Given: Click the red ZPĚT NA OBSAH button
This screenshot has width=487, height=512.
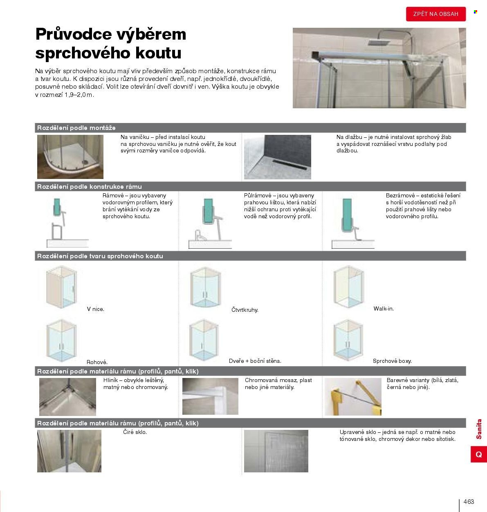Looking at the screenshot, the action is pyautogui.click(x=435, y=14).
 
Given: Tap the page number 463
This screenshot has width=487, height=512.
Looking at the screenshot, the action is pyautogui.click(x=469, y=502).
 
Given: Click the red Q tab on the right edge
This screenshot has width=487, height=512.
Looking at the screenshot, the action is pyautogui.click(x=479, y=454).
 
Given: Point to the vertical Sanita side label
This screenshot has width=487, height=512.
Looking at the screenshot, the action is pyautogui.click(x=479, y=429).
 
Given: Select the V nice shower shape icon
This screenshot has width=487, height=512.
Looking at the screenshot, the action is pyautogui.click(x=61, y=287).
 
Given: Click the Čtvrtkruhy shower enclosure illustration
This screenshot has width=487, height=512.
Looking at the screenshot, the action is pyautogui.click(x=205, y=287).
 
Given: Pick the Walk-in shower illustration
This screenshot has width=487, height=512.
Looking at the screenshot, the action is pyautogui.click(x=348, y=286).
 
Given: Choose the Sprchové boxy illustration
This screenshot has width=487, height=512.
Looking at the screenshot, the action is pyautogui.click(x=348, y=340).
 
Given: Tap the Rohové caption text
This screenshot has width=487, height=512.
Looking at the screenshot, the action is pyautogui.click(x=97, y=362).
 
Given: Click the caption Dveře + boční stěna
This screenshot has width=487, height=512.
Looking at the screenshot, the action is pyautogui.click(x=255, y=361).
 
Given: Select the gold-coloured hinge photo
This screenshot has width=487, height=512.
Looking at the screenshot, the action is pyautogui.click(x=353, y=397).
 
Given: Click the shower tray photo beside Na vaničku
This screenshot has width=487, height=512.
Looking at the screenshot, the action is pyautogui.click(x=70, y=157).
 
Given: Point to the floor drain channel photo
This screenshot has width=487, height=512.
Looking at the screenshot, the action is pyautogui.click(x=277, y=157).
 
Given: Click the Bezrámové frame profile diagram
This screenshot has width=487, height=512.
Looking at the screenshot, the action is pyautogui.click(x=353, y=224).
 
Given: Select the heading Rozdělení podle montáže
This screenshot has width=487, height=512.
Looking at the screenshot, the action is pyautogui.click(x=76, y=128).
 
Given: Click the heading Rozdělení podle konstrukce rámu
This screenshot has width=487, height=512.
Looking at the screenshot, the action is pyautogui.click(x=90, y=187).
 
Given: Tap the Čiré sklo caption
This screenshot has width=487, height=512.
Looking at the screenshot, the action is pyautogui.click(x=135, y=432).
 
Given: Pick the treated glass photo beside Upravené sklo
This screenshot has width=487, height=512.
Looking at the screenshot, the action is pyautogui.click(x=276, y=451).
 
